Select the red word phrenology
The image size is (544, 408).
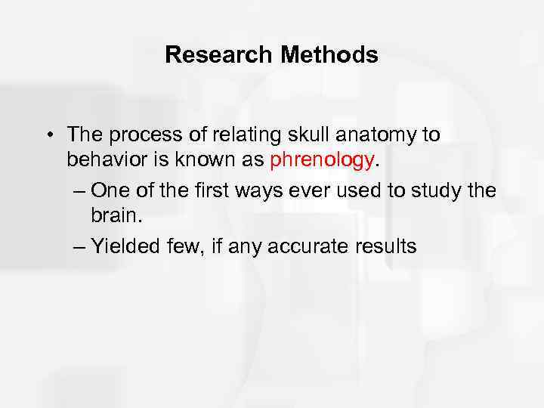tap(322, 160)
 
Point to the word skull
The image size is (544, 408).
tap(304, 135)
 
